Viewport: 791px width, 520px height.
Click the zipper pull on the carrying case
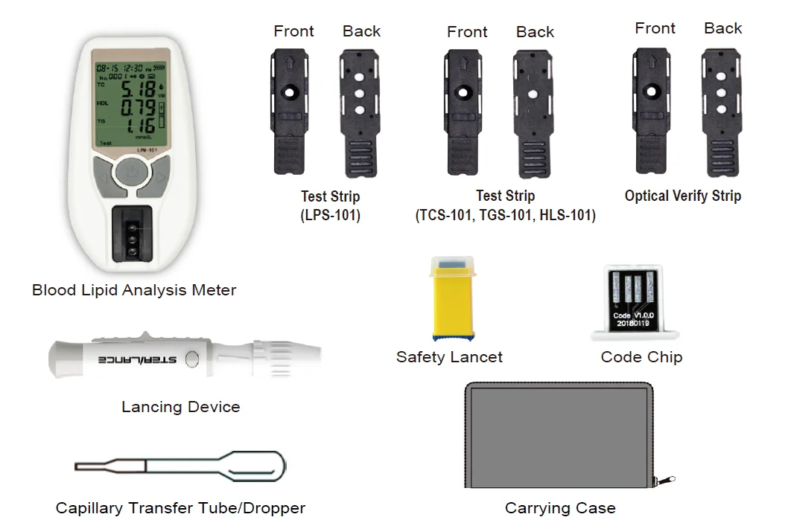(x=667, y=480)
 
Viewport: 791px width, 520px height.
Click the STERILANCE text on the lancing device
(x=138, y=359)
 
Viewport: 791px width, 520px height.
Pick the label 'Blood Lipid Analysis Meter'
(x=134, y=290)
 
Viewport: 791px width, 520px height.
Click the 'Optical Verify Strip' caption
(x=683, y=196)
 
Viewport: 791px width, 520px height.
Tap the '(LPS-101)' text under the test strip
(x=330, y=216)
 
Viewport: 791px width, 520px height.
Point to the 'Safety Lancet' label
(x=449, y=357)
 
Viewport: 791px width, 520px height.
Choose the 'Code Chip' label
(x=641, y=357)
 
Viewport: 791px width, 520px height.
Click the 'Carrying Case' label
(x=560, y=509)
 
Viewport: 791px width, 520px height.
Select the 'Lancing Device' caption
(x=181, y=407)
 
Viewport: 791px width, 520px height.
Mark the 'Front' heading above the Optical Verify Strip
(x=655, y=28)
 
